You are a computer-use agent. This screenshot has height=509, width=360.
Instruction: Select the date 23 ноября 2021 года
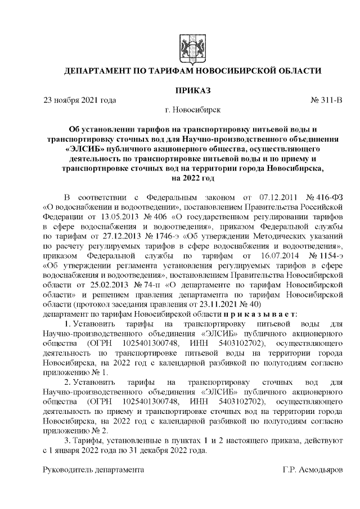point(80,100)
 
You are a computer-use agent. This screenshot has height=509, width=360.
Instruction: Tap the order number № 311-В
point(326,100)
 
